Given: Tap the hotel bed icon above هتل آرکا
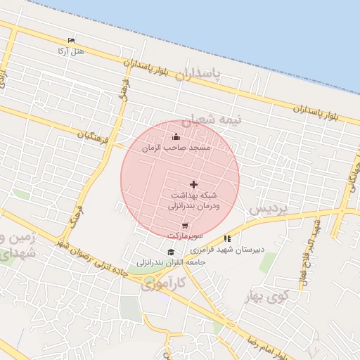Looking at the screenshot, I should (x=71, y=41).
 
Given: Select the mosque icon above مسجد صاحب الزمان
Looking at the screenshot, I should (x=176, y=137).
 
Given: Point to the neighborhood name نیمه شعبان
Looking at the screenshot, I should (x=213, y=120).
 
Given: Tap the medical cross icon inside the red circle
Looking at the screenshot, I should (x=194, y=184).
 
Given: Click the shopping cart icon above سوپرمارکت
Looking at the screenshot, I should (x=185, y=226).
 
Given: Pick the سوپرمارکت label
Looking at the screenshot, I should (x=184, y=236).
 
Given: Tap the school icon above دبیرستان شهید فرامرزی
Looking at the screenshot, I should (x=226, y=239).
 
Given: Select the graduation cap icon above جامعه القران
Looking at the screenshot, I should (x=170, y=252).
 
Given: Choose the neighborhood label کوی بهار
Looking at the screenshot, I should (x=269, y=295).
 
